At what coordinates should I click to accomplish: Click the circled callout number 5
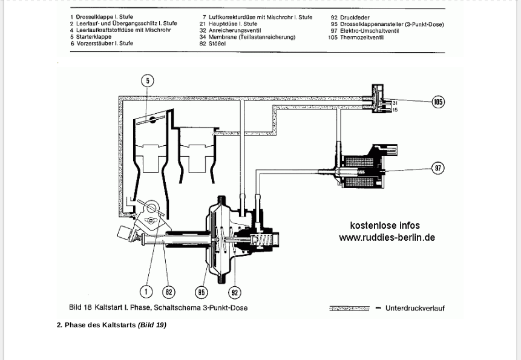[x=148, y=80]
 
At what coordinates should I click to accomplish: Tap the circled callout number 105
[x=438, y=102]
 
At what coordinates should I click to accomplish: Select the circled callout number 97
[x=438, y=168]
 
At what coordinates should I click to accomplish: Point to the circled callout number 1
[x=146, y=292]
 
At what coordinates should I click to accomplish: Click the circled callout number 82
[x=168, y=292]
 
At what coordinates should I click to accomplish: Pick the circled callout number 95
[x=202, y=292]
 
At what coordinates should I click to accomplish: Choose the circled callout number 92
[x=235, y=292]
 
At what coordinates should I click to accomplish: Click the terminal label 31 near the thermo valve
[x=395, y=103]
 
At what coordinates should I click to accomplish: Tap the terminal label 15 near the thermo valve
[x=395, y=110]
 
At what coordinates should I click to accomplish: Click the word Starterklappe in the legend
[x=94, y=36]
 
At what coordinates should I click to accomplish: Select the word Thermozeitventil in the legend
[x=362, y=38]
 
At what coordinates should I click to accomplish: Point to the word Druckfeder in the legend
[x=355, y=18]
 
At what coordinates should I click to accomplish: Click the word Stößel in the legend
[x=217, y=44]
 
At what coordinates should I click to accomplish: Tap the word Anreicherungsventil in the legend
[x=235, y=30]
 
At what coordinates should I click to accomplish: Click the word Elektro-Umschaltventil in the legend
[x=369, y=31]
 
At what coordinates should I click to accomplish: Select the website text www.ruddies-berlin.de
[x=387, y=237]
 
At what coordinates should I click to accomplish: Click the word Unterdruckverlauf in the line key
[x=415, y=308]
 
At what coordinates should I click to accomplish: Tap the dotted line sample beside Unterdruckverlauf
[x=349, y=309]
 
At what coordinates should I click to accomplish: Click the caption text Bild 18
[x=80, y=307]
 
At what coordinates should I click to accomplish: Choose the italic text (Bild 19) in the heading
[x=152, y=325]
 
